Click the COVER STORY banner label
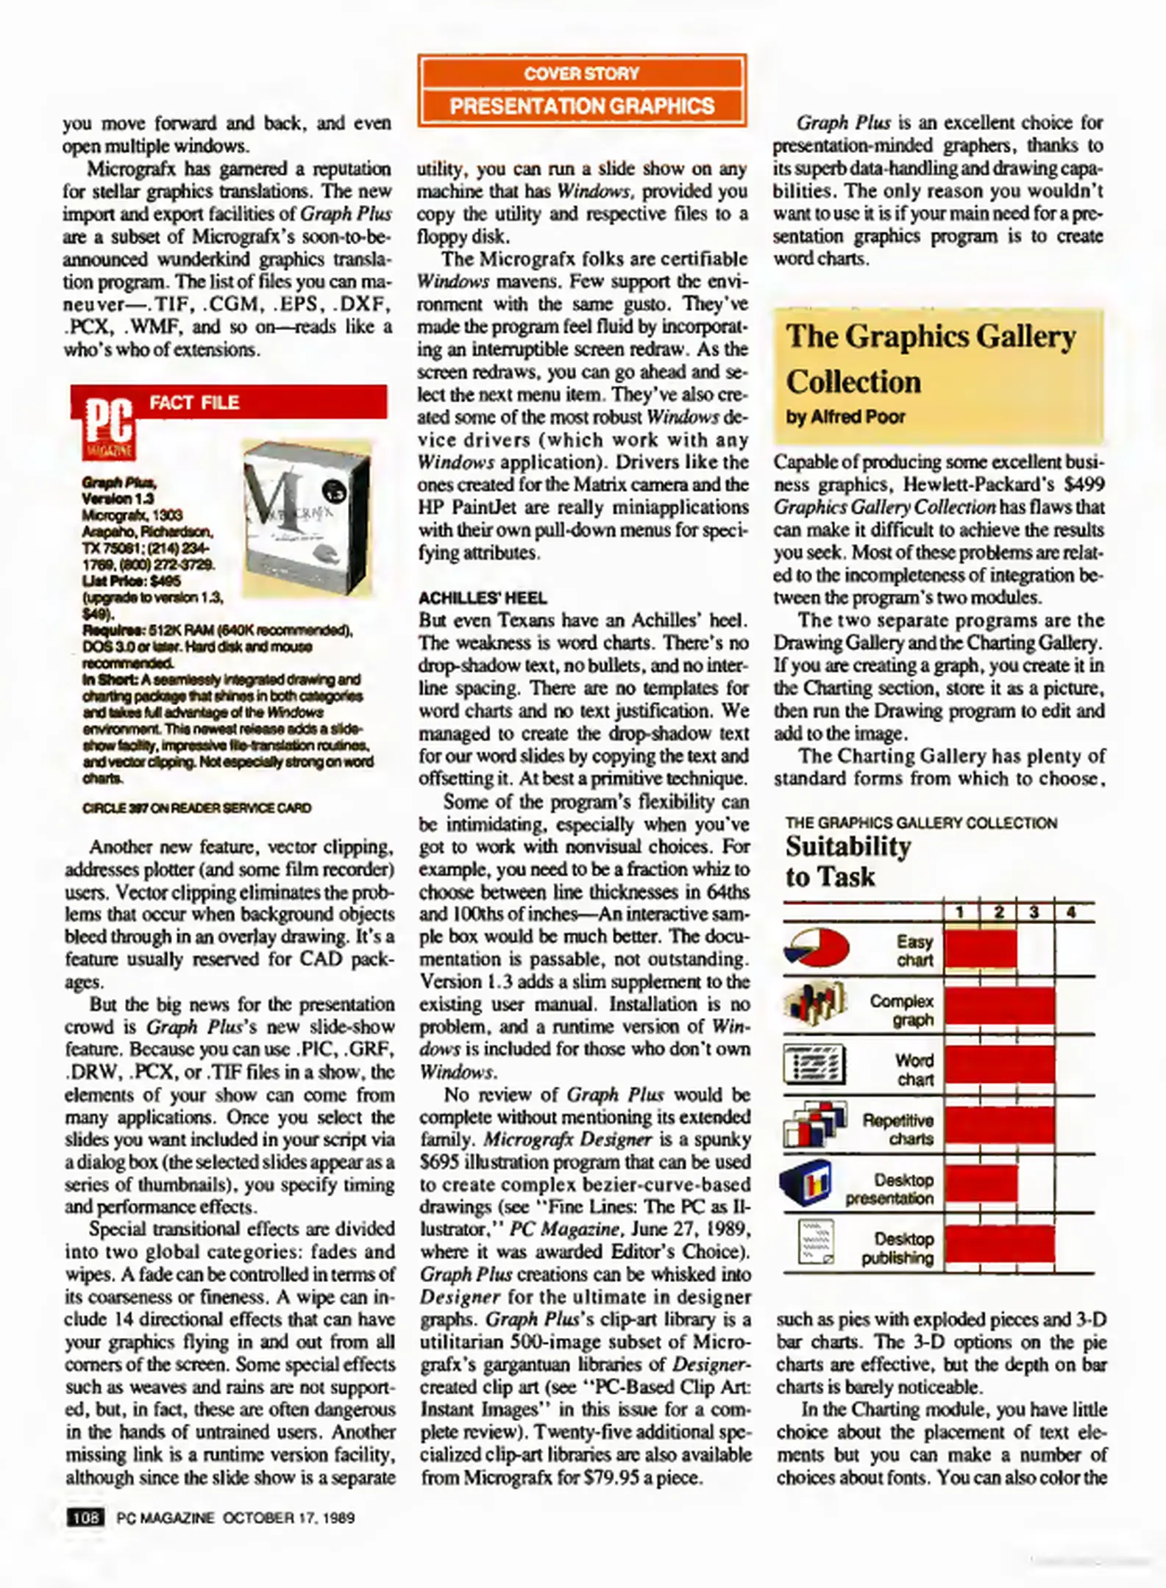tap(581, 74)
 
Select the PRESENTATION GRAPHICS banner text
tap(581, 106)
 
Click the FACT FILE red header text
tap(194, 403)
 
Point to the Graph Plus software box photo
tap(307, 518)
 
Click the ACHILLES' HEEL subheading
tap(483, 598)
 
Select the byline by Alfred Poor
tap(845, 417)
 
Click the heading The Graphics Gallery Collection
tap(930, 359)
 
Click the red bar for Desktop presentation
tap(981, 1184)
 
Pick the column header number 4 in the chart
tap(1071, 912)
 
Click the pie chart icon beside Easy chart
tap(816, 947)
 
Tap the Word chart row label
tap(914, 1070)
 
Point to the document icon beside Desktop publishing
tap(816, 1242)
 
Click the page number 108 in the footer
tap(85, 1517)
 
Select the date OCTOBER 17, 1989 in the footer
tap(288, 1517)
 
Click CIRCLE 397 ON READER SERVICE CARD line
tap(196, 808)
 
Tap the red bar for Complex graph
tap(999, 1006)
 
